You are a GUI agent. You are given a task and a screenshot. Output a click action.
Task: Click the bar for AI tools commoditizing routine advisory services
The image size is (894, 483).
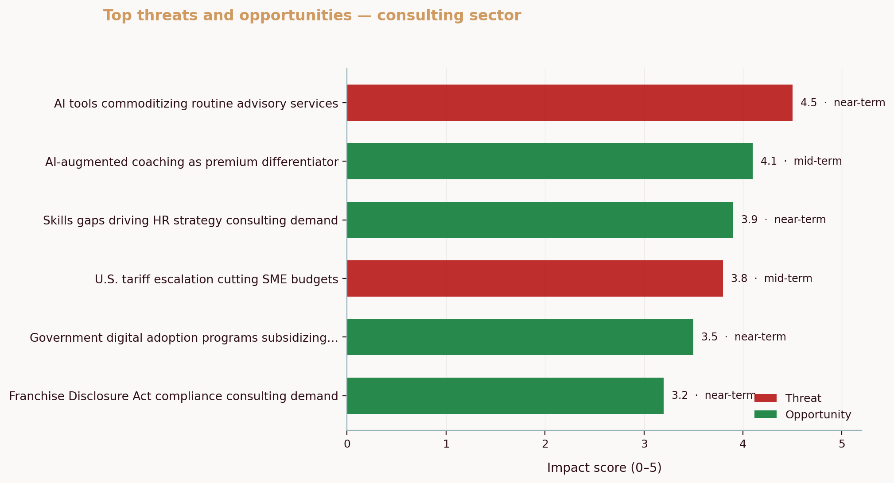pyautogui.click(x=569, y=103)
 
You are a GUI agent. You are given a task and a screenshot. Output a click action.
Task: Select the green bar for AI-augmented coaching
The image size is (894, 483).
pyautogui.click(x=549, y=161)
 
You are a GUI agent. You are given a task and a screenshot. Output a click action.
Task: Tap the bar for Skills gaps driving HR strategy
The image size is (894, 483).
pyautogui.click(x=540, y=220)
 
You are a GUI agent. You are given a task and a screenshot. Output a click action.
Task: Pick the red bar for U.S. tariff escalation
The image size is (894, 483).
pyautogui.click(x=535, y=278)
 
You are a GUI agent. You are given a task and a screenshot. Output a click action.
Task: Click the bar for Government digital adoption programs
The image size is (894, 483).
pyautogui.click(x=520, y=337)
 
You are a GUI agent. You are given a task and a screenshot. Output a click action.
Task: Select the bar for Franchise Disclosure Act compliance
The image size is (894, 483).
pyautogui.click(x=505, y=396)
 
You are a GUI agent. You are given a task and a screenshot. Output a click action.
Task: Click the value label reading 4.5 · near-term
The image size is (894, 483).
pyautogui.click(x=842, y=103)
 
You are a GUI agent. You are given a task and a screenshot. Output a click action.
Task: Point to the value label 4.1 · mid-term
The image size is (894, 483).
pyautogui.click(x=801, y=161)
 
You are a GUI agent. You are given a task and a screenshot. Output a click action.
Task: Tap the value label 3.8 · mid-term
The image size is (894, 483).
pyautogui.click(x=771, y=278)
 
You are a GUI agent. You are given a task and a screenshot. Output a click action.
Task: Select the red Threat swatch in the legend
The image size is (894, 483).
pyautogui.click(x=766, y=398)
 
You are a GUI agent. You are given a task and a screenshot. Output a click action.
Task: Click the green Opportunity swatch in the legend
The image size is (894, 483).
pyautogui.click(x=766, y=414)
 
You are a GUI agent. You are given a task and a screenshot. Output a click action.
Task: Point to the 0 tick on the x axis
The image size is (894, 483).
pyautogui.click(x=347, y=444)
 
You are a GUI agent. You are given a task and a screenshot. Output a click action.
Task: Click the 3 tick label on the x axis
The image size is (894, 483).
pyautogui.click(x=644, y=444)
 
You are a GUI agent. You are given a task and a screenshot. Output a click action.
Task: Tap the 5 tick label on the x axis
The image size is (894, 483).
pyautogui.click(x=842, y=444)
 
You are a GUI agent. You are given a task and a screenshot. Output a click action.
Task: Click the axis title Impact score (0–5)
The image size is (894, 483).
pyautogui.click(x=604, y=468)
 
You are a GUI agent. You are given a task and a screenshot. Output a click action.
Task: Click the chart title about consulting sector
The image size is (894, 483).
pyautogui.click(x=312, y=15)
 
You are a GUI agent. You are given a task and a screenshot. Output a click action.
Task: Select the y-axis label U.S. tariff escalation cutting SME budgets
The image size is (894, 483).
pyautogui.click(x=216, y=279)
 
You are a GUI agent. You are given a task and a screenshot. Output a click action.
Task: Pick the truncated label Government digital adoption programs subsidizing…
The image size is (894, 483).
pyautogui.click(x=184, y=338)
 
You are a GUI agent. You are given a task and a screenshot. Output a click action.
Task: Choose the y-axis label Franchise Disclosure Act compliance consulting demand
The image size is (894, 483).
pyautogui.click(x=173, y=396)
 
